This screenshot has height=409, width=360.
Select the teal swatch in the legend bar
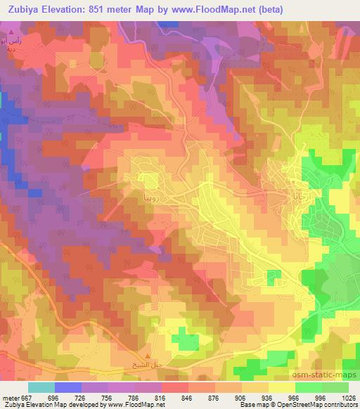pos(41,387)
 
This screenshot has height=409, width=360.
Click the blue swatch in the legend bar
pos(67,387)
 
